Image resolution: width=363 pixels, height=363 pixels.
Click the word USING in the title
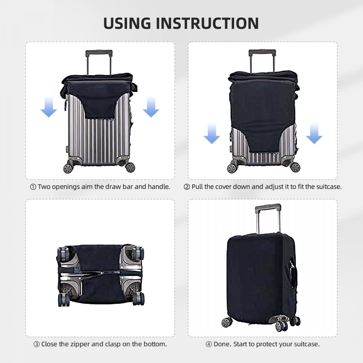127,23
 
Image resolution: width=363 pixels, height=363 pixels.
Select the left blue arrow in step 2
212,133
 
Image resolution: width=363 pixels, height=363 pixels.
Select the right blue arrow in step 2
314,133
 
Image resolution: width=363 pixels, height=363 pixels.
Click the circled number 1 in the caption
33,187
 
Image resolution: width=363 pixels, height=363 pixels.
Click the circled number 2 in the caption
187,187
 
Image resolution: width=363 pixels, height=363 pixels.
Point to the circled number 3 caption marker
37,344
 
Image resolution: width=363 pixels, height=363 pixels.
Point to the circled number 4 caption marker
209,344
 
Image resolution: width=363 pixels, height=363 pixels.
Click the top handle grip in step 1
99,53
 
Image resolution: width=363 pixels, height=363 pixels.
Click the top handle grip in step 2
262,53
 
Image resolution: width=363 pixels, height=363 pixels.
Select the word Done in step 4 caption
222,344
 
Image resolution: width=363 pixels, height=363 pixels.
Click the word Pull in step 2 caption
197,187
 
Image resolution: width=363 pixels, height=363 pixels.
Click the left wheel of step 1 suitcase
68,168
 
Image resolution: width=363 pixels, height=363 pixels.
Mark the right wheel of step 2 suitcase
295,167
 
